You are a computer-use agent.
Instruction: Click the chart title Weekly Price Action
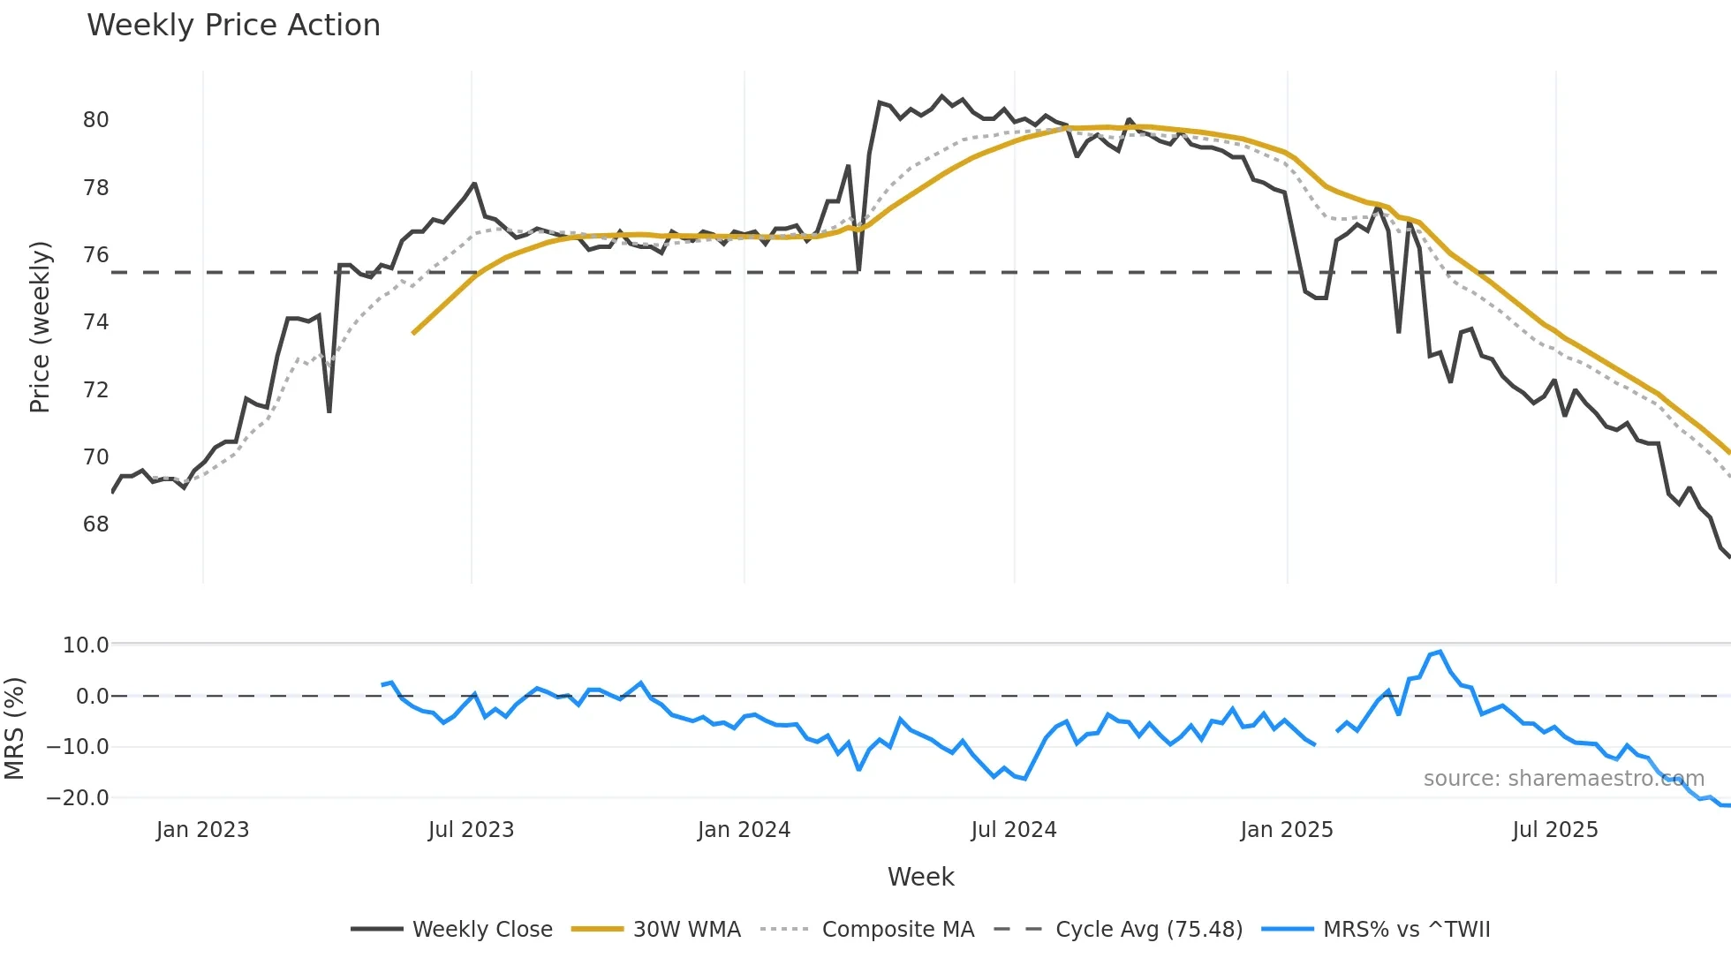[233, 26]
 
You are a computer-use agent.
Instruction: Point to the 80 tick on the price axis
[96, 120]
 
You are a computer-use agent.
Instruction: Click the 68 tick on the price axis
[96, 524]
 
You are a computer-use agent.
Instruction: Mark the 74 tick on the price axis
[96, 322]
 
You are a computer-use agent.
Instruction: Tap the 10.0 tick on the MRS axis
[86, 645]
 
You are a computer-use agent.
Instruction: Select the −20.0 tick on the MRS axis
[78, 798]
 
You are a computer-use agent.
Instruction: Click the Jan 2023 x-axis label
[202, 830]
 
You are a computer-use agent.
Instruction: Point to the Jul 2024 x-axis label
[1014, 830]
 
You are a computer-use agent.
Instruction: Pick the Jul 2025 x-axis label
[1555, 830]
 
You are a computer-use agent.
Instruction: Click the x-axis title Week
[920, 877]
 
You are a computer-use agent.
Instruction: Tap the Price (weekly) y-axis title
[40, 327]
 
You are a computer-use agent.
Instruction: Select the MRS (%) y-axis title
[14, 728]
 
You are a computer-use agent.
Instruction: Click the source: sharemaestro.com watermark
[1563, 779]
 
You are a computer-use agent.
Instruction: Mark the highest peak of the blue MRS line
[1440, 652]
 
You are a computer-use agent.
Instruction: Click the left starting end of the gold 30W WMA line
[413, 333]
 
